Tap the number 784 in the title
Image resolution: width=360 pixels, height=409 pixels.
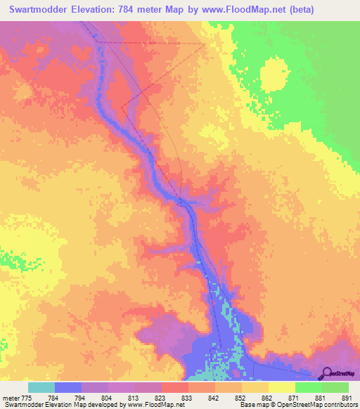[136, 10]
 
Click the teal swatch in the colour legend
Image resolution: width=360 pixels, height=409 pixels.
[41, 387]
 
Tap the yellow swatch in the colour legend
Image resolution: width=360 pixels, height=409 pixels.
[281, 387]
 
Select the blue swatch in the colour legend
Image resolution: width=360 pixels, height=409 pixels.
[67, 387]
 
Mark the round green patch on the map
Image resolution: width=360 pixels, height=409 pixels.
[274, 72]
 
